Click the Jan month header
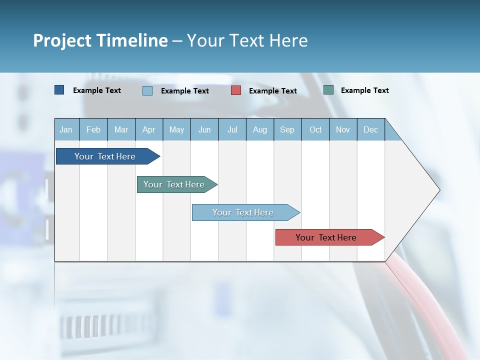tap(66, 129)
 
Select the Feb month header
tap(93, 129)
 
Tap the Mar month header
tap(121, 129)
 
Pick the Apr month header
tap(149, 129)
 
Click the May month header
tap(176, 129)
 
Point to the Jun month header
tap(204, 129)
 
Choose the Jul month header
tap(232, 129)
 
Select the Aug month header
tap(260, 129)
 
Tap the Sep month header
tap(287, 129)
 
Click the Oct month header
tap(315, 129)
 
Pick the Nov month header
tap(343, 129)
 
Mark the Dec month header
tap(371, 129)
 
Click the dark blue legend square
tap(59, 90)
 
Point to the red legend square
tap(236, 90)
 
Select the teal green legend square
tap(328, 90)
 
